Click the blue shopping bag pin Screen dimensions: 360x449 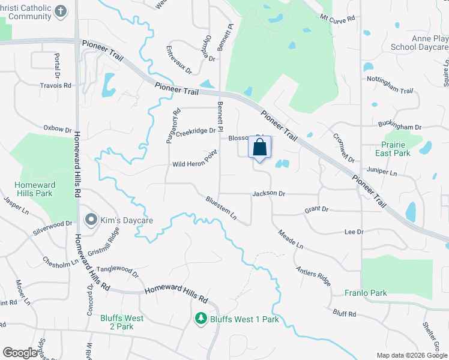pos(259,148)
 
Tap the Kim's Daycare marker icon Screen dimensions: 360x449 pos(91,220)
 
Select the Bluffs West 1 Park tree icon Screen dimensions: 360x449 pos(202,319)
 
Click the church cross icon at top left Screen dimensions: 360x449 pos(61,11)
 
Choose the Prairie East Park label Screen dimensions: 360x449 pos(393,149)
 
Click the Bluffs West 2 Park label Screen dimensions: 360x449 pos(122,322)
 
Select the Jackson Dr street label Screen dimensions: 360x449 pos(268,194)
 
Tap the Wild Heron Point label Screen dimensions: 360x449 pos(194,163)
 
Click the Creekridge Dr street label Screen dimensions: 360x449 pos(196,130)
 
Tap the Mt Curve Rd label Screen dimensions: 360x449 pos(337,18)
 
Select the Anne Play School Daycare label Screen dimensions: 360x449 pos(419,43)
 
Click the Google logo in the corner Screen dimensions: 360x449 pos(20,353)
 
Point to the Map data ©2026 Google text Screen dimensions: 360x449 pos(411,355)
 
